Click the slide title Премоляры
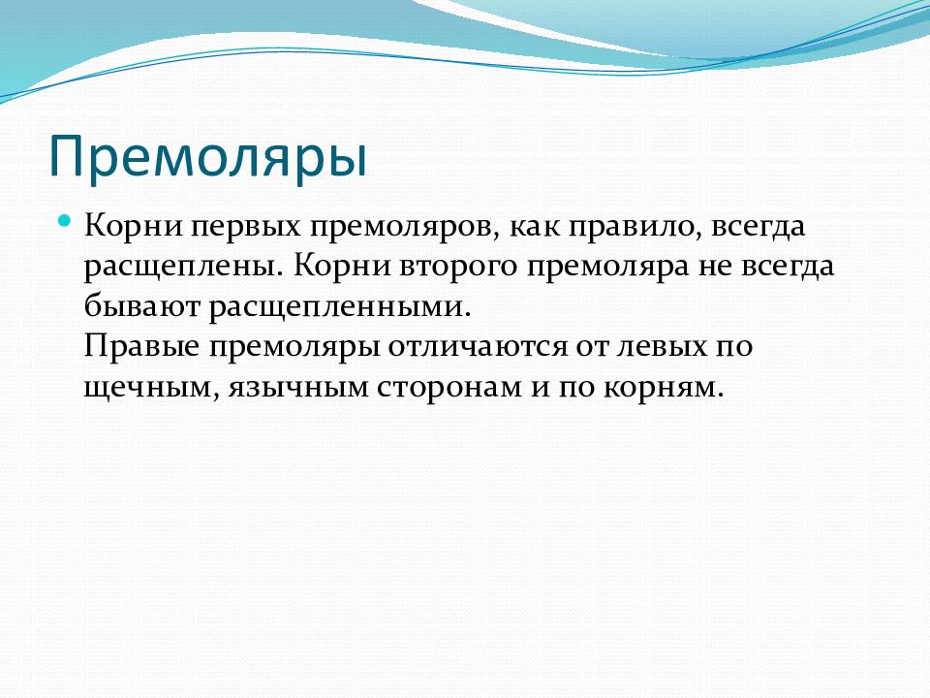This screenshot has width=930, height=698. click(x=208, y=156)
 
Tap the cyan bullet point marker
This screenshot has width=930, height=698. click(x=65, y=221)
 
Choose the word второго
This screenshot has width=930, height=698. click(x=458, y=268)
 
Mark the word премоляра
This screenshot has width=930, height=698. click(x=607, y=268)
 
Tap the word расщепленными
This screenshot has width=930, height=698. click(x=340, y=308)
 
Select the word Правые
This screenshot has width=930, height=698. click(x=141, y=347)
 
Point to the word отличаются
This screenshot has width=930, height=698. click(x=478, y=347)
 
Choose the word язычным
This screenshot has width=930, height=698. click(x=298, y=388)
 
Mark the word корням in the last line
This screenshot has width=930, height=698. click(x=665, y=388)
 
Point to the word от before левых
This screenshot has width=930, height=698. click(x=593, y=347)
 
